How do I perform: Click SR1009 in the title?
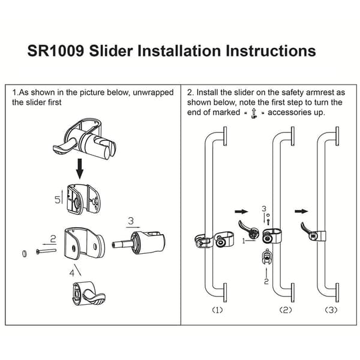[56, 51]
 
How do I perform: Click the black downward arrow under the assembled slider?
[80, 168]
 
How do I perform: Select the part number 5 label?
[58, 200]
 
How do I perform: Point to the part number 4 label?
[72, 273]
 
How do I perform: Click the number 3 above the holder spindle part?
[131, 221]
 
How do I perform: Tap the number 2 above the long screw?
[53, 239]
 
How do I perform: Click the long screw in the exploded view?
[46, 251]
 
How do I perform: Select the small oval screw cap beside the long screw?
[25, 253]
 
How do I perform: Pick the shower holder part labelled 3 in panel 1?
[139, 243]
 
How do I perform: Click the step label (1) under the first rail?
[217, 310]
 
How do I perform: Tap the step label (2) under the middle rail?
[286, 310]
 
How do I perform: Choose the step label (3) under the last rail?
[331, 310]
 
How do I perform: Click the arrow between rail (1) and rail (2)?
[241, 211]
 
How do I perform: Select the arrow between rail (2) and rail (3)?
[301, 211]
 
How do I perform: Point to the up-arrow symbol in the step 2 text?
[254, 113]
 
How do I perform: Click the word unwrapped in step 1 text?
[153, 92]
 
